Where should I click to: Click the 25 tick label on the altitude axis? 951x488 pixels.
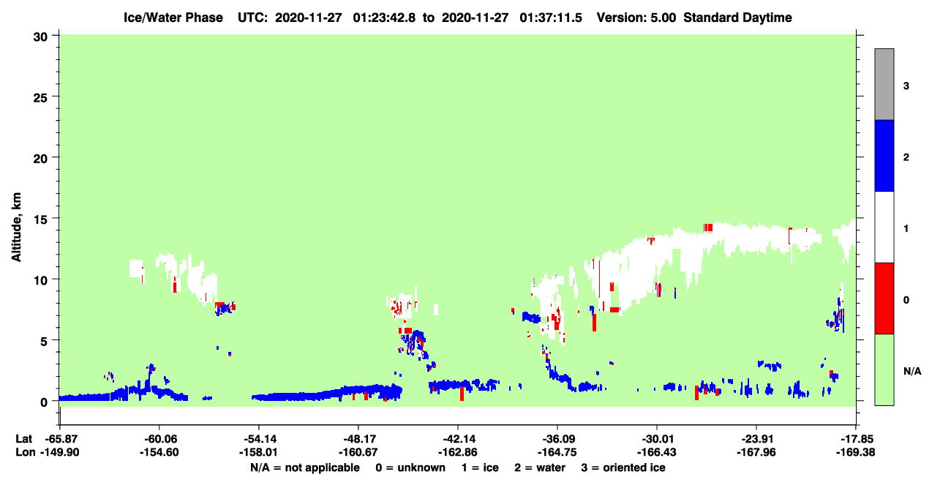pyautogui.click(x=40, y=98)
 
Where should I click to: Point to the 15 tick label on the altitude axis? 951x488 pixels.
pyautogui.click(x=40, y=220)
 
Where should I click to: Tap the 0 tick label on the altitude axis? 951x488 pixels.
pyautogui.click(x=44, y=402)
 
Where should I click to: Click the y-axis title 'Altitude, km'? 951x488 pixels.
pyautogui.click(x=15, y=228)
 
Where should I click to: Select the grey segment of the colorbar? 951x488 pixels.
pyautogui.click(x=884, y=84)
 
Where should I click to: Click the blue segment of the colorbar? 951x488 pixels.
pyautogui.click(x=884, y=155)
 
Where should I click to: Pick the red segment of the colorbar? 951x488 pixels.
pyautogui.click(x=884, y=299)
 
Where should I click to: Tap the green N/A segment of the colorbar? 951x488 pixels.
pyautogui.click(x=884, y=369)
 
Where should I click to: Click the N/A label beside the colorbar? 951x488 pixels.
pyautogui.click(x=912, y=371)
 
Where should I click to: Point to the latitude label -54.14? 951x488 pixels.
pyautogui.click(x=258, y=439)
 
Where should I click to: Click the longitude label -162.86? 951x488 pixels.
pyautogui.click(x=458, y=452)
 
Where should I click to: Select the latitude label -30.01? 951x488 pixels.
pyautogui.click(x=657, y=439)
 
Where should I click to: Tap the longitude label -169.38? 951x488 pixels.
pyautogui.click(x=855, y=452)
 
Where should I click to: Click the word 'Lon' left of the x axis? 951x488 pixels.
pyautogui.click(x=26, y=452)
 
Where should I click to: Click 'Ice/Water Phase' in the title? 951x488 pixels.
pyautogui.click(x=173, y=18)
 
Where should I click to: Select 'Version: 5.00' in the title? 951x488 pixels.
pyautogui.click(x=636, y=18)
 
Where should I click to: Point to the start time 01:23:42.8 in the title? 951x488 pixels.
pyautogui.click(x=384, y=18)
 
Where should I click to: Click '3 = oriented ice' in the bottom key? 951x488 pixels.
pyautogui.click(x=623, y=468)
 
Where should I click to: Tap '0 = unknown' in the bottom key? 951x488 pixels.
pyautogui.click(x=410, y=468)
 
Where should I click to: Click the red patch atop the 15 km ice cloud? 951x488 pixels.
pyautogui.click(x=707, y=228)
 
